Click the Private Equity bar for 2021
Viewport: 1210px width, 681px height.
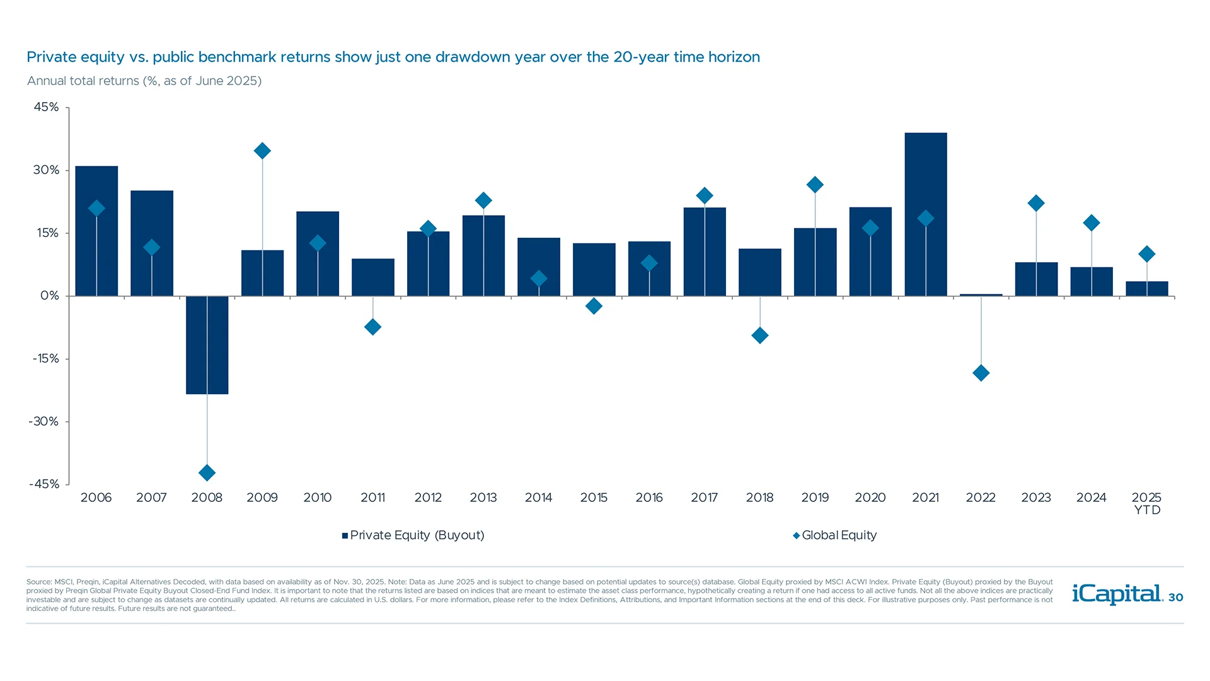(x=925, y=177)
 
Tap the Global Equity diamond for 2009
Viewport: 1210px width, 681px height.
(x=262, y=151)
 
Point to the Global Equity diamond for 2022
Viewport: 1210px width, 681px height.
(x=981, y=373)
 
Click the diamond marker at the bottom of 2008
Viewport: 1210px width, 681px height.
(x=207, y=472)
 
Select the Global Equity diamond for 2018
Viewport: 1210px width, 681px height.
(x=759, y=335)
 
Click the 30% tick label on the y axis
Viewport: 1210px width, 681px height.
(x=46, y=170)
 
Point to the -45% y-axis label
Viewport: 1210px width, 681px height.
(x=44, y=484)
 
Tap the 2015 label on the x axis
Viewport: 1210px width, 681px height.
(x=594, y=498)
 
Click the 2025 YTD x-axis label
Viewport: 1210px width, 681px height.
(x=1146, y=503)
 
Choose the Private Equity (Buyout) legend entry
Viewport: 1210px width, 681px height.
(x=413, y=535)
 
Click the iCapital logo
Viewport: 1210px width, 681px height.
(x=1117, y=594)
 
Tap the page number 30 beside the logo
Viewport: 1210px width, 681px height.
(x=1175, y=597)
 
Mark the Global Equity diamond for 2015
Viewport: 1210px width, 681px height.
(x=594, y=306)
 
